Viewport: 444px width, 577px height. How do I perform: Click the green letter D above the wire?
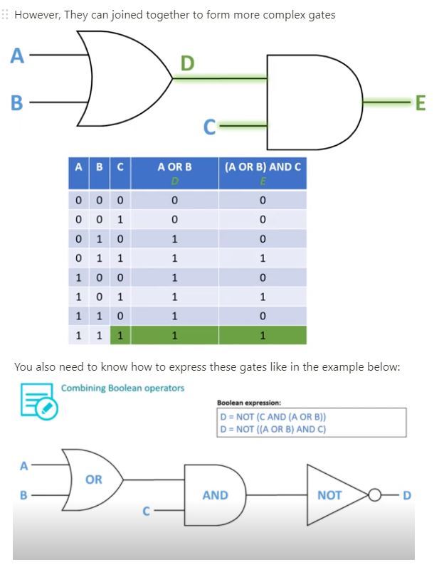coord(187,64)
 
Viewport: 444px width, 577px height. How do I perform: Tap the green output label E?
coord(420,103)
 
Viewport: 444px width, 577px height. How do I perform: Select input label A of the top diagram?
coord(17,55)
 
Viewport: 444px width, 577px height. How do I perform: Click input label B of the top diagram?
coord(17,103)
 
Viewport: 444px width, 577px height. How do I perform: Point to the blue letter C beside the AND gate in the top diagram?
coord(209,127)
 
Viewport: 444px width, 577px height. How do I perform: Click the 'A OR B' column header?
coord(174,167)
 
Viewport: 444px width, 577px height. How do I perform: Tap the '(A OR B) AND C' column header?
coord(263,167)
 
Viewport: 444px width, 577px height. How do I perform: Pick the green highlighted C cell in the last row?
coord(120,335)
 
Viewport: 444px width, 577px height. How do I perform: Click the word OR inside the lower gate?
coord(94,480)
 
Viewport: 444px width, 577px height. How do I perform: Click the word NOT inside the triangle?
coord(329,495)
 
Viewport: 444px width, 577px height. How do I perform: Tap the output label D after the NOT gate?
coord(407,495)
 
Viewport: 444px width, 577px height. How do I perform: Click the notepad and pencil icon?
coord(38,401)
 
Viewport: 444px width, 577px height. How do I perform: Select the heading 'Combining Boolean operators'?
coord(122,388)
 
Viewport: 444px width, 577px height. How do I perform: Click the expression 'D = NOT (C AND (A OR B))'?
coord(273,417)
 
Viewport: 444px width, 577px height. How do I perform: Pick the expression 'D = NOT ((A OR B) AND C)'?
coord(273,429)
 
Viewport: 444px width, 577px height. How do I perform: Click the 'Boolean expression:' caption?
coord(249,403)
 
